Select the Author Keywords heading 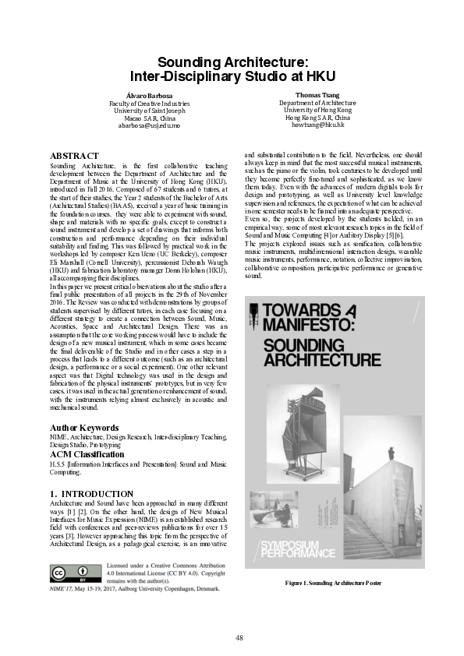click(x=84, y=428)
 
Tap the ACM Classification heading click(x=87, y=453)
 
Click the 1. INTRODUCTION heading click(x=91, y=494)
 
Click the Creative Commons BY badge click(x=67, y=574)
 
